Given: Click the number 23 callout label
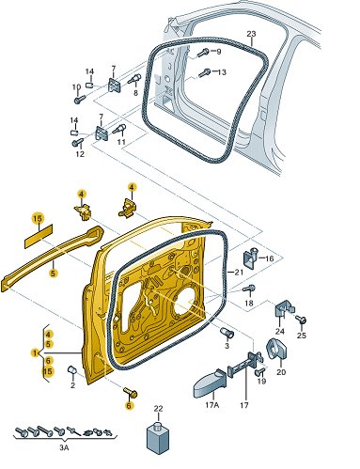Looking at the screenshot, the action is coord(251,34).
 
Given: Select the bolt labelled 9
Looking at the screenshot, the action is coord(203,53).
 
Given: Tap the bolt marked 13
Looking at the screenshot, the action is coord(204,73).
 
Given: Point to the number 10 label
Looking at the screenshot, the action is coord(76,87).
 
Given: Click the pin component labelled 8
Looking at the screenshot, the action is coord(134,79).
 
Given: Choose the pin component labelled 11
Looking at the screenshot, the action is coord(119,129).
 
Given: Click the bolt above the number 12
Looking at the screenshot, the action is coord(78,142).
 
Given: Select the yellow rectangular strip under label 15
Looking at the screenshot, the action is coord(39,236).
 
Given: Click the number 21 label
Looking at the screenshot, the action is coord(239,273).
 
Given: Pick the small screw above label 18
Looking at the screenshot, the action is coord(249,289).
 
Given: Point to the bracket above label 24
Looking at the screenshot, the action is coord(284,309).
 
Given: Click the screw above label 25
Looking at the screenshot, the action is coord(301,320).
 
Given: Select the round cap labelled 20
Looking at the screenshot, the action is coord(276,349).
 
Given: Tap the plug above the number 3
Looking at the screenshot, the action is coord(227,333).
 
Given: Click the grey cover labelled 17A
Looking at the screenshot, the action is coord(210,384).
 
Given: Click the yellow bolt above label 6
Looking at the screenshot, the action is coord(131,392).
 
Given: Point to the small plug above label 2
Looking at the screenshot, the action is coord(72,369).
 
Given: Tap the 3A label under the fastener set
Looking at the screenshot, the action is coord(64,447).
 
